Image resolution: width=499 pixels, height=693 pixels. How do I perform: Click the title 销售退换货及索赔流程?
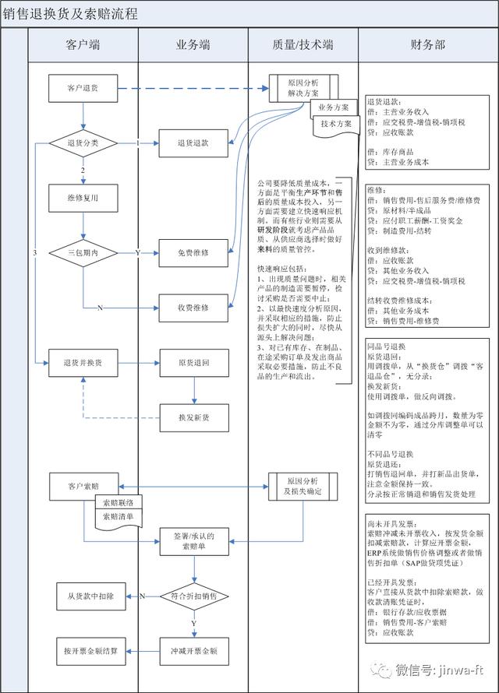pyautogui.click(x=70, y=14)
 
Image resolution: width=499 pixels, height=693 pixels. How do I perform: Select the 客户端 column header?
pyautogui.click(x=83, y=45)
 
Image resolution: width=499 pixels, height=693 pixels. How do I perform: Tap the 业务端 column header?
pyautogui.click(x=193, y=45)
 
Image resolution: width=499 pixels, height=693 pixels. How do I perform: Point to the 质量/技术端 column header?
pyautogui.click(x=303, y=45)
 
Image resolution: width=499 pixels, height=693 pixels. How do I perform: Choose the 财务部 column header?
pyautogui.click(x=427, y=45)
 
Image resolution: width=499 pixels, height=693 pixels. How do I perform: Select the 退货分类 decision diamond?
pyautogui.click(x=83, y=143)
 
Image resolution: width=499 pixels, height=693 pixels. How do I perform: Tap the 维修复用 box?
pyautogui.click(x=83, y=198)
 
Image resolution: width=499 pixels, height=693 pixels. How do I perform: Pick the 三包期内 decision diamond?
pyautogui.click(x=83, y=253)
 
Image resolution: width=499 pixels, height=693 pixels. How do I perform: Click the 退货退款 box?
pyautogui.click(x=193, y=143)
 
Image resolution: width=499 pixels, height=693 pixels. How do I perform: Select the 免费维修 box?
pyautogui.click(x=193, y=253)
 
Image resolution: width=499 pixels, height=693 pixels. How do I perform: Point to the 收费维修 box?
pyautogui.click(x=193, y=308)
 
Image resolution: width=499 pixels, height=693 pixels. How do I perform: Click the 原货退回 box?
pyautogui.click(x=193, y=362)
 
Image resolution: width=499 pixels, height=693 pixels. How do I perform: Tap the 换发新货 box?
pyautogui.click(x=193, y=417)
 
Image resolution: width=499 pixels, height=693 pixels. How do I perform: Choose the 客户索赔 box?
pyautogui.click(x=83, y=485)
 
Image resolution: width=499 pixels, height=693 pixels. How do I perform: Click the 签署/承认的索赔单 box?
pyautogui.click(x=193, y=541)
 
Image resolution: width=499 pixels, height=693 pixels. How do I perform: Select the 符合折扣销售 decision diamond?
pyautogui.click(x=193, y=596)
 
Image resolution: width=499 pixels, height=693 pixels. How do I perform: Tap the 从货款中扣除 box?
pyautogui.click(x=90, y=596)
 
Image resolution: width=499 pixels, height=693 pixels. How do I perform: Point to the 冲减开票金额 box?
pyautogui.click(x=193, y=650)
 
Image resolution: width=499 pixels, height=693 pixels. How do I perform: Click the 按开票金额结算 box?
pyautogui.click(x=90, y=650)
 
